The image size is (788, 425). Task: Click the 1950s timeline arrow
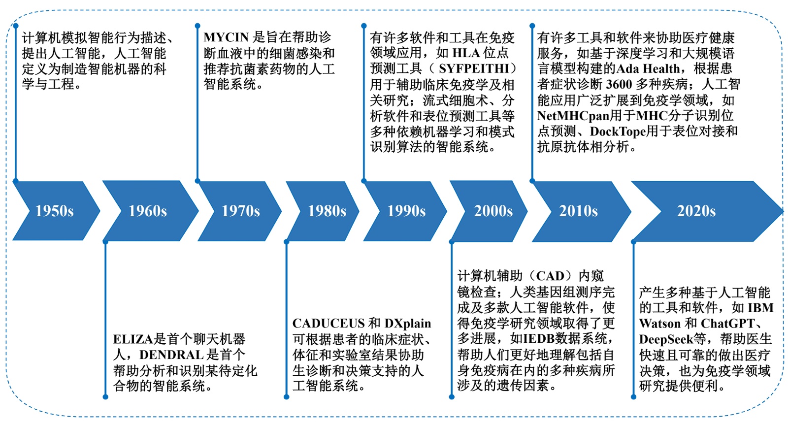click(x=55, y=211)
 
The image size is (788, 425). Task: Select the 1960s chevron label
click(x=148, y=211)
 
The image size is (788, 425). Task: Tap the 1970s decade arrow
click(x=240, y=211)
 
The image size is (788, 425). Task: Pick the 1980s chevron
click(x=327, y=211)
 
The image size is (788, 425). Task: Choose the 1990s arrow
click(x=406, y=211)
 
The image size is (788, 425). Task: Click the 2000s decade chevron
click(x=493, y=211)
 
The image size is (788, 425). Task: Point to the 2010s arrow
click(x=578, y=211)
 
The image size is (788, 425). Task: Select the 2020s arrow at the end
click(x=696, y=211)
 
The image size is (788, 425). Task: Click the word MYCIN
click(x=226, y=37)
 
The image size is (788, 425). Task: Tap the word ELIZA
click(x=133, y=339)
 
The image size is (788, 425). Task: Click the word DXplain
click(x=408, y=324)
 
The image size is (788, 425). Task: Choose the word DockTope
click(x=618, y=131)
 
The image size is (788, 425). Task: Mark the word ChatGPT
click(x=728, y=324)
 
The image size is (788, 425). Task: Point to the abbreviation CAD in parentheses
click(x=550, y=276)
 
